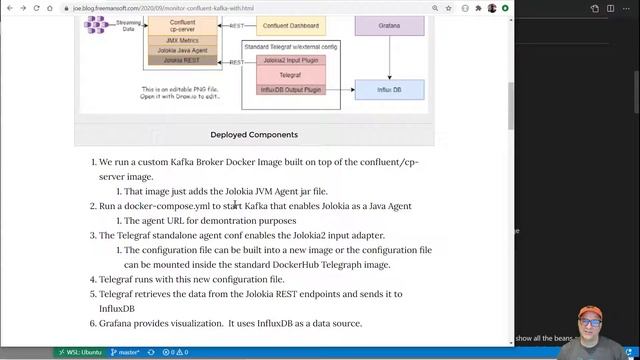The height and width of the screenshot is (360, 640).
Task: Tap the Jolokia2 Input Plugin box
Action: tap(284, 60)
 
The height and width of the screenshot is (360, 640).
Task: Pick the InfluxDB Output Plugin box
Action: tap(284, 90)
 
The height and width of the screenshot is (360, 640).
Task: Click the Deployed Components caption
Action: tap(253, 134)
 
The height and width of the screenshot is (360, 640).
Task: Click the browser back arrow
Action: tap(10, 8)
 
